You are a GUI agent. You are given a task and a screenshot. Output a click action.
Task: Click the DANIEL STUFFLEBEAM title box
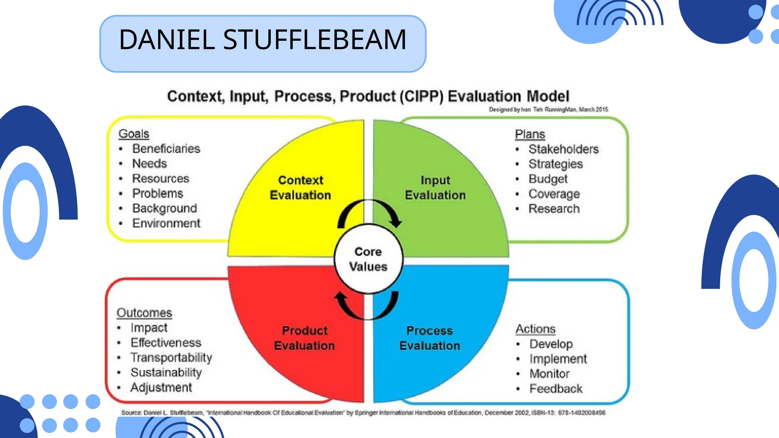pos(262,43)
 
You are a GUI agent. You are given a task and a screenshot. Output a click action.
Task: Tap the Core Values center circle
pos(368,259)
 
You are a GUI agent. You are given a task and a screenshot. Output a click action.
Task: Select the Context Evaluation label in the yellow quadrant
pos(300,187)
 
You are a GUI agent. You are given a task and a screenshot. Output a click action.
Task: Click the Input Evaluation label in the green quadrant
pos(435,187)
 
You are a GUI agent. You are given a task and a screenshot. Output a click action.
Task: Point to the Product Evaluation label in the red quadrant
pos(304,338)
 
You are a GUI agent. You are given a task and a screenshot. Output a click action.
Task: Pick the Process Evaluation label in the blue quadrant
pos(429,338)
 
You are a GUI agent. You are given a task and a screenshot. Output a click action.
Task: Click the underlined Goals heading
pos(134,134)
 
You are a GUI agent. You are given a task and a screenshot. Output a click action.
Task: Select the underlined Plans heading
pos(530,134)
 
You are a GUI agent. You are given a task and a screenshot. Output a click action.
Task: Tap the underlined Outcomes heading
pos(144,313)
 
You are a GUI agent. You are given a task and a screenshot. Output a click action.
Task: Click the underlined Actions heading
pos(535,329)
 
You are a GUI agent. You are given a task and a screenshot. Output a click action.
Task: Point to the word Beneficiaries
pos(166,149)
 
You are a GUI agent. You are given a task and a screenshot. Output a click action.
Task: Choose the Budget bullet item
pos(548,179)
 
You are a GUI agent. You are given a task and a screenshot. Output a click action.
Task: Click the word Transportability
pos(171,357)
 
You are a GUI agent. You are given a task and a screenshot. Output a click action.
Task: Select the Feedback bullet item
pos(556,389)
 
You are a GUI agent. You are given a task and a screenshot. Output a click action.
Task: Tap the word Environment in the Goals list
pos(166,223)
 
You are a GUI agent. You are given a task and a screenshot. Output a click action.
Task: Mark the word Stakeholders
pos(563,149)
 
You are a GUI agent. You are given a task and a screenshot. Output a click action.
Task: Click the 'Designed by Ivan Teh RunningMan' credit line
pos(548,109)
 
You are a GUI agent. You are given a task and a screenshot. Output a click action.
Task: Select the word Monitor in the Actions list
pos(549,374)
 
